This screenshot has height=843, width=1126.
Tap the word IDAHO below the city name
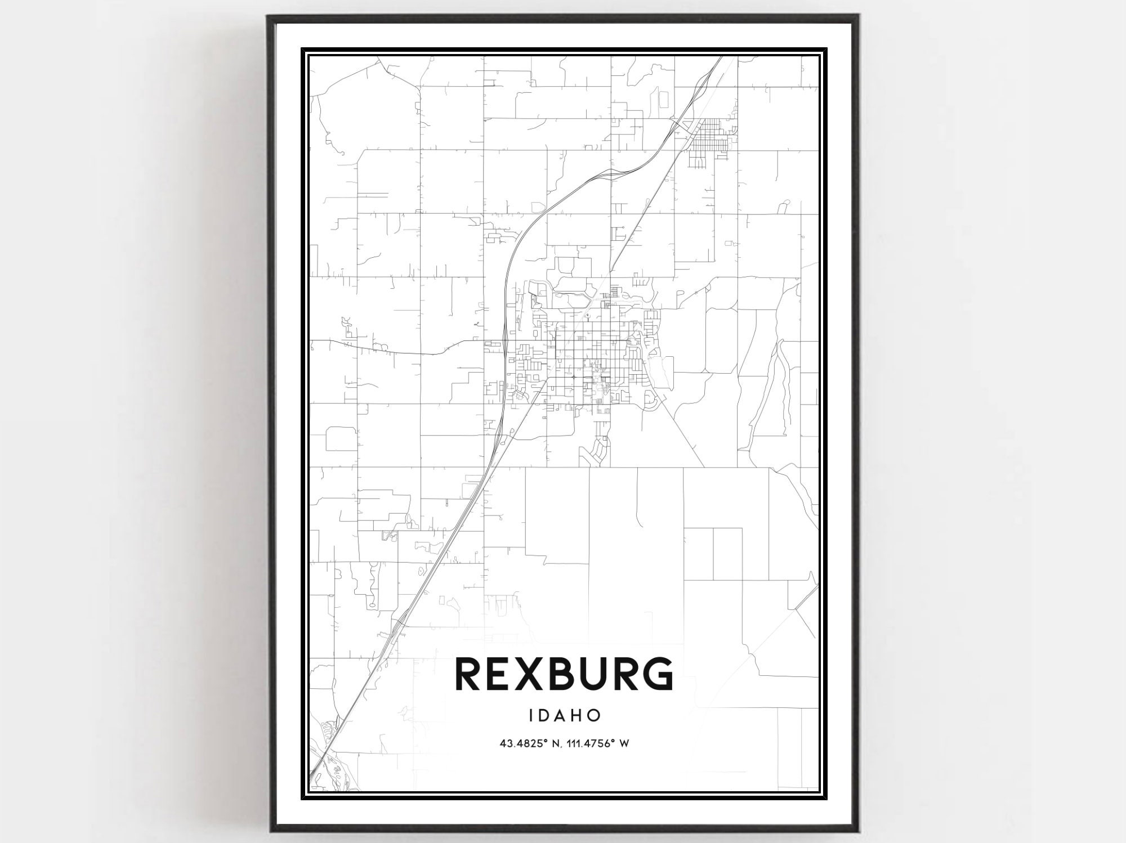tap(565, 715)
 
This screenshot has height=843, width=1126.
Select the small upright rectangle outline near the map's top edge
tap(663, 99)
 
